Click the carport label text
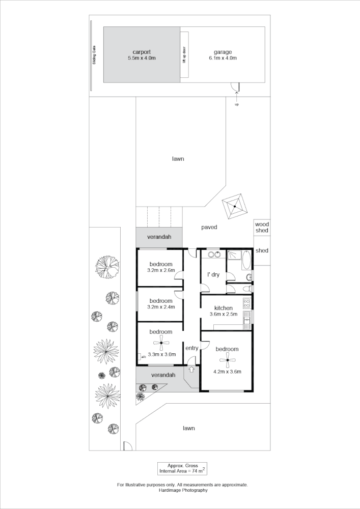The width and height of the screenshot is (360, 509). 142,52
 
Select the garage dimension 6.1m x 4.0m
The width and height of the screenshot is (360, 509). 223,59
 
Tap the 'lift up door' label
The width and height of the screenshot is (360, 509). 184,54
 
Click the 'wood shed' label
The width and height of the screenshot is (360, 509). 262,227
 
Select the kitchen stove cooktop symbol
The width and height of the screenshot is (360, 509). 247,303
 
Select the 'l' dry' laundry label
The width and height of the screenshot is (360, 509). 213,275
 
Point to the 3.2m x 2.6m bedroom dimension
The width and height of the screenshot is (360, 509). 161,270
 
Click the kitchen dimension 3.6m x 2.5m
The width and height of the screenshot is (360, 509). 224,314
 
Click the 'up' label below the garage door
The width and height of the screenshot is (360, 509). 237,104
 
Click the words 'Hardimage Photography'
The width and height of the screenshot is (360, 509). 182,490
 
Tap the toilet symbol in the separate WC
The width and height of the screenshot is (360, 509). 248,277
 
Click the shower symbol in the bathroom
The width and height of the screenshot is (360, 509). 233,254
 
